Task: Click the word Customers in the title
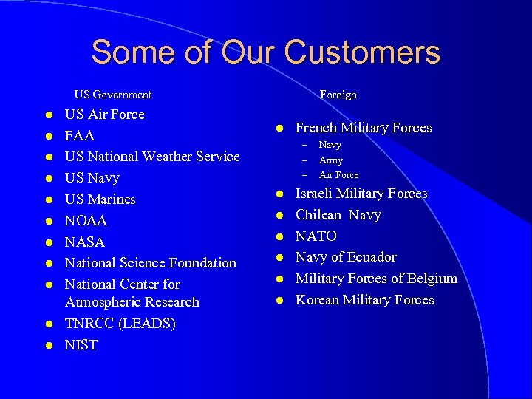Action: pyautogui.click(x=361, y=53)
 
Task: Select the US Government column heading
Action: pyautogui.click(x=113, y=95)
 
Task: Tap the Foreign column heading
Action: pyautogui.click(x=338, y=95)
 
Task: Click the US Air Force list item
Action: pyautogui.click(x=105, y=115)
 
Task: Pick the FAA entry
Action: pyautogui.click(x=80, y=136)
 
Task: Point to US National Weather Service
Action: pyautogui.click(x=152, y=157)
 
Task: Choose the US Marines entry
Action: pyautogui.click(x=100, y=199)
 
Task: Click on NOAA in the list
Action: pyautogui.click(x=86, y=221)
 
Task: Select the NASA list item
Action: pyautogui.click(x=85, y=242)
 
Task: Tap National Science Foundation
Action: pyautogui.click(x=151, y=263)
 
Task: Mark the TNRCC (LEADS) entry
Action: pyautogui.click(x=120, y=324)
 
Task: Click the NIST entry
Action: pyautogui.click(x=81, y=345)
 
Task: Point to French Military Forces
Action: pyautogui.click(x=364, y=128)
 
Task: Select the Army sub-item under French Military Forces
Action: pyautogui.click(x=331, y=160)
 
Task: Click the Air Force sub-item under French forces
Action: pyautogui.click(x=338, y=175)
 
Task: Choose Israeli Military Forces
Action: pyautogui.click(x=361, y=194)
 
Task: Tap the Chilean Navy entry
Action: pyautogui.click(x=338, y=215)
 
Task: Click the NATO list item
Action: pyautogui.click(x=316, y=236)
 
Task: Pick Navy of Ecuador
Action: pyautogui.click(x=346, y=257)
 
